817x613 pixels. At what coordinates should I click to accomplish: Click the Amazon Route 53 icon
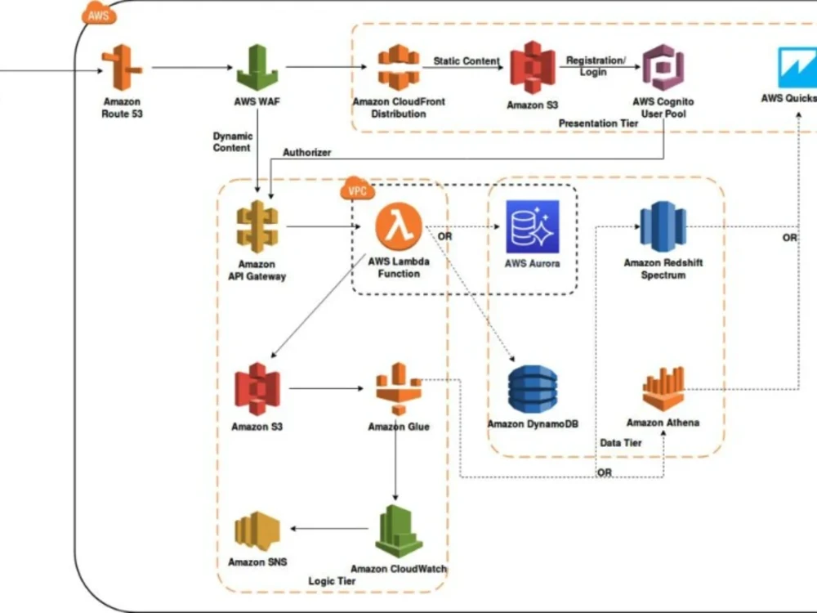click(x=122, y=68)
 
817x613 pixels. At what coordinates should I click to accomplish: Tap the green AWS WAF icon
click(x=257, y=68)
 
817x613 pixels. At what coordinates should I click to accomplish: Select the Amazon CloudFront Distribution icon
click(x=398, y=68)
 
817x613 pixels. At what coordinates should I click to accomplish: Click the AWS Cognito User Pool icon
click(x=663, y=68)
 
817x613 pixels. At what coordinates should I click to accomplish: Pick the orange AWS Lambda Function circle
click(x=399, y=226)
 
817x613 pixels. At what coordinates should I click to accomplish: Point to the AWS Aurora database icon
click(x=532, y=227)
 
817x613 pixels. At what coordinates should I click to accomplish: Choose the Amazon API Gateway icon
click(x=257, y=226)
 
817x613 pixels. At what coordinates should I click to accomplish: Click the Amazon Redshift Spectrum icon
click(x=663, y=226)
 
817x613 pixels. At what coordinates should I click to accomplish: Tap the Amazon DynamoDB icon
click(x=532, y=389)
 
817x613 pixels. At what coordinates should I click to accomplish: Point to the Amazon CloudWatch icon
click(x=399, y=531)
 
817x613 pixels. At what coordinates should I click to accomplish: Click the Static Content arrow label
click(x=467, y=61)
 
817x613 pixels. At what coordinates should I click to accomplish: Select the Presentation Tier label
click(x=598, y=123)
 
